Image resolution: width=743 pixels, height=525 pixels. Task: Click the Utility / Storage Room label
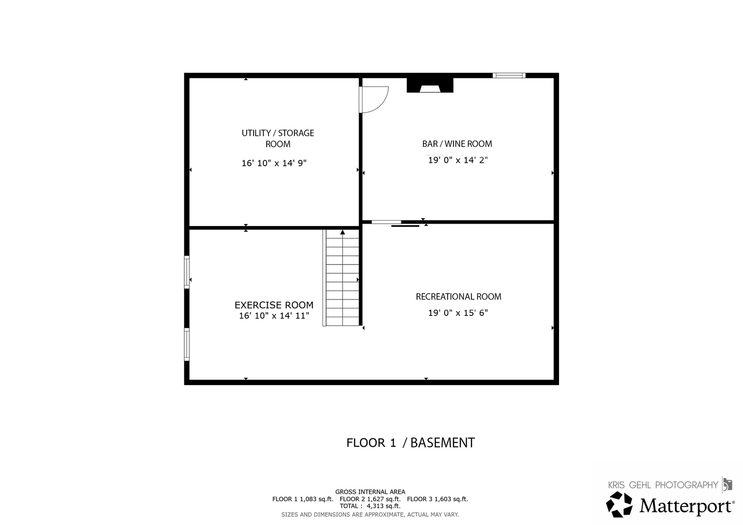(278, 139)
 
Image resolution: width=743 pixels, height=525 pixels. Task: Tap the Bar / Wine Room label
(457, 144)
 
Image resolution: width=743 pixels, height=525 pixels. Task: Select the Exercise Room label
(274, 305)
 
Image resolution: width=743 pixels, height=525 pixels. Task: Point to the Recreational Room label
(458, 297)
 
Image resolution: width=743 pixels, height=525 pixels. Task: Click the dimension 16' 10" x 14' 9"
(274, 163)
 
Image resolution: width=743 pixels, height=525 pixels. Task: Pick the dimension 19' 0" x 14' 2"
(458, 160)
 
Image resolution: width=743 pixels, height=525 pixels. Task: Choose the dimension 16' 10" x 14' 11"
(274, 315)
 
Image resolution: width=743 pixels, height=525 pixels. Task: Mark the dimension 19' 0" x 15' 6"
(458, 313)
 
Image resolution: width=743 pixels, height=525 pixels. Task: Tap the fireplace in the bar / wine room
(430, 85)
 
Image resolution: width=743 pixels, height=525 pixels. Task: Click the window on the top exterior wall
(509, 75)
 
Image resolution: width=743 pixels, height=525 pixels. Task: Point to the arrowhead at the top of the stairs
(343, 232)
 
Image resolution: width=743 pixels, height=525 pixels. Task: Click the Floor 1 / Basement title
(411, 443)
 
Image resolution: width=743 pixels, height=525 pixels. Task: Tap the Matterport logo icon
(619, 505)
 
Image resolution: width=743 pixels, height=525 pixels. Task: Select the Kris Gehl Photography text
(663, 485)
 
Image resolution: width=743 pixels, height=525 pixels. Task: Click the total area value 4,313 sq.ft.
(383, 506)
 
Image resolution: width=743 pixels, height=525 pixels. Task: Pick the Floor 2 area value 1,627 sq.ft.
(384, 499)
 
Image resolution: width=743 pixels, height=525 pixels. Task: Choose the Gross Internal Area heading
(370, 492)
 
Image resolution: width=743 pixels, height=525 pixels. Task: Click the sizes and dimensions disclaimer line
(370, 515)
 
